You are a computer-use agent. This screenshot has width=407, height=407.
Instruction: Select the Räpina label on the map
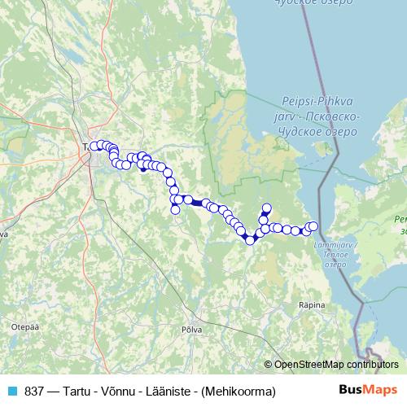[313, 305]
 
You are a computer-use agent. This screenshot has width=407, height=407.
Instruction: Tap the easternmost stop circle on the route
[313, 226]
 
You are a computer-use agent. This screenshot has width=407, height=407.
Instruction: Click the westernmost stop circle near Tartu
[94, 147]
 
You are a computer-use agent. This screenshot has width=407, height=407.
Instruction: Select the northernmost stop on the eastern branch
[267, 208]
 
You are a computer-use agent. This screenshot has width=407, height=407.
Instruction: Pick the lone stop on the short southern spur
[175, 210]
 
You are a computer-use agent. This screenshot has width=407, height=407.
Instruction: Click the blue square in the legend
[11, 392]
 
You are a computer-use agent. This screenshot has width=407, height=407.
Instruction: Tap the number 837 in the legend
[34, 392]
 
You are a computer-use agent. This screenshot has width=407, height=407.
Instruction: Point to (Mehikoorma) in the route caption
[242, 392]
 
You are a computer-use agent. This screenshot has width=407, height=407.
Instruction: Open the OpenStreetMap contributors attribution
[336, 365]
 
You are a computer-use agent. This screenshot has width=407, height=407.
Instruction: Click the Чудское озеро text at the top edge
[292, 4]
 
